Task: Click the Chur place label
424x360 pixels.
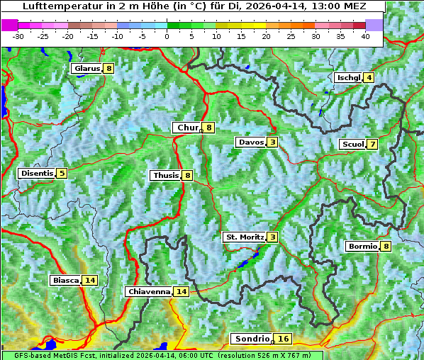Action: point(187,128)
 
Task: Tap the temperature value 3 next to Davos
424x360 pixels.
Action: point(272,142)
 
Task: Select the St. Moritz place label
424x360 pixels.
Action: point(244,237)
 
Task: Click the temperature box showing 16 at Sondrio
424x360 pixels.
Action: point(283,339)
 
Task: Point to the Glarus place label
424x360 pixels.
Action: point(87,69)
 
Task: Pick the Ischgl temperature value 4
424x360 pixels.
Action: point(369,77)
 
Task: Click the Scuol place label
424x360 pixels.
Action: point(352,145)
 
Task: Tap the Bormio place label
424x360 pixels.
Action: point(362,247)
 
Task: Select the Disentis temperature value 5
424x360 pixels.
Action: point(62,173)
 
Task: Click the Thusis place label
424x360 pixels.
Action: point(165,175)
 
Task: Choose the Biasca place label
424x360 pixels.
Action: point(65,280)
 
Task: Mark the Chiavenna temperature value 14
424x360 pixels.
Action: point(181,291)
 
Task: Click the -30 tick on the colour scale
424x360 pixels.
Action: point(18,36)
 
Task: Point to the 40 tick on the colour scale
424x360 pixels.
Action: point(365,36)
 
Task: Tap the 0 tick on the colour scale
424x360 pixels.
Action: point(167,36)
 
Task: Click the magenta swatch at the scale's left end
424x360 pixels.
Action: point(10,25)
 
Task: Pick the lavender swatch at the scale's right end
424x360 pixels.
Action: point(374,25)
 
